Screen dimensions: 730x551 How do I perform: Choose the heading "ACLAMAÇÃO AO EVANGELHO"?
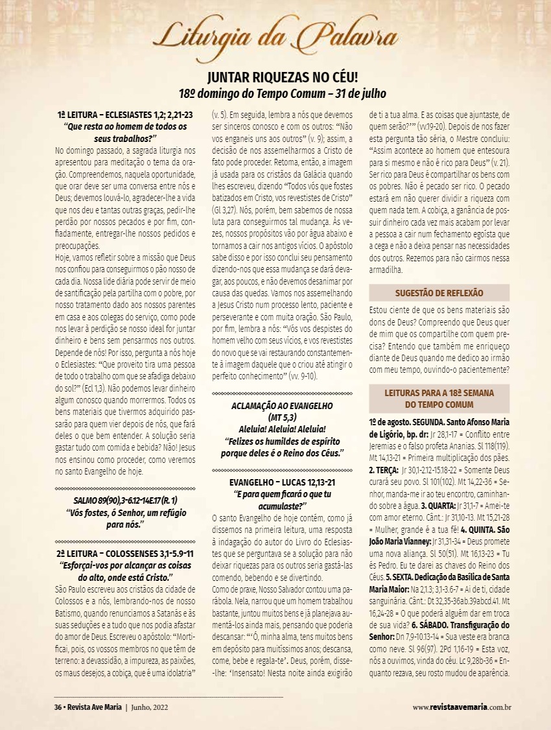pyautogui.click(x=282, y=405)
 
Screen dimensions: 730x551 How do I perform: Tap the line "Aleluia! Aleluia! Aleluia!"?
pyautogui.click(x=282, y=429)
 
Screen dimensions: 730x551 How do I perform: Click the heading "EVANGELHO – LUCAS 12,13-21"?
pyautogui.click(x=282, y=482)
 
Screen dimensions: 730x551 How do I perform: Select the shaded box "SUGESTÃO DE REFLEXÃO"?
pyautogui.click(x=439, y=293)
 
